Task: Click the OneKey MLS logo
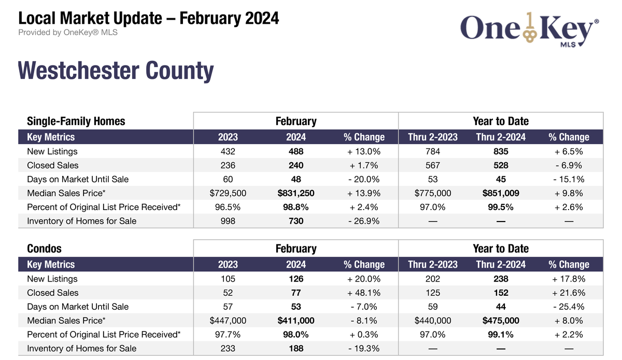pyautogui.click(x=529, y=31)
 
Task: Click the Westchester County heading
pyautogui.click(x=116, y=71)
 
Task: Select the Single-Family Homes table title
pyautogui.click(x=76, y=121)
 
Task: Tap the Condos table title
pyautogui.click(x=45, y=248)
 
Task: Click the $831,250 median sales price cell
pyautogui.click(x=295, y=193)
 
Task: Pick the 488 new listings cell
pyautogui.click(x=295, y=151)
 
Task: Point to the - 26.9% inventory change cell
pyautogui.click(x=364, y=221)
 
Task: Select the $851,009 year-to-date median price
pyautogui.click(x=501, y=193)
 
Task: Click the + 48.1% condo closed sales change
pyautogui.click(x=364, y=293)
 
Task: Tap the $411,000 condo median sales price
pyautogui.click(x=295, y=321)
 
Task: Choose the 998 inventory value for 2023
pyautogui.click(x=228, y=221)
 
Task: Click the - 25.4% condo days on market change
pyautogui.click(x=569, y=307)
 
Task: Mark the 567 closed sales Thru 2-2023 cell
pyautogui.click(x=432, y=165)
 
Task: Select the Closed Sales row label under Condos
pyautogui.click(x=53, y=293)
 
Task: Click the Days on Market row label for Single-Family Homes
pyautogui.click(x=78, y=179)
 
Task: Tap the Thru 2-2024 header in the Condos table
pyautogui.click(x=501, y=265)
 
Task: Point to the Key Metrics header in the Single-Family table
pyautogui.click(x=51, y=137)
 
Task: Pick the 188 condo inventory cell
pyautogui.click(x=295, y=348)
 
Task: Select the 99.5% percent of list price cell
pyautogui.click(x=501, y=207)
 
